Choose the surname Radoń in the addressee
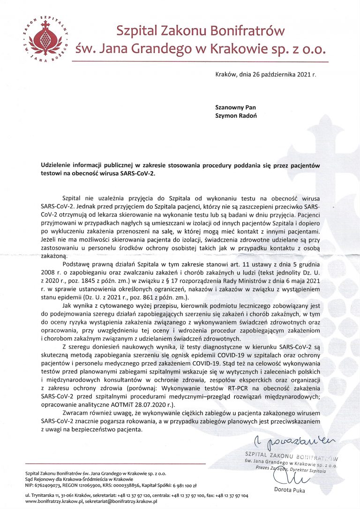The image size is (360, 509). click(x=246, y=115)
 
